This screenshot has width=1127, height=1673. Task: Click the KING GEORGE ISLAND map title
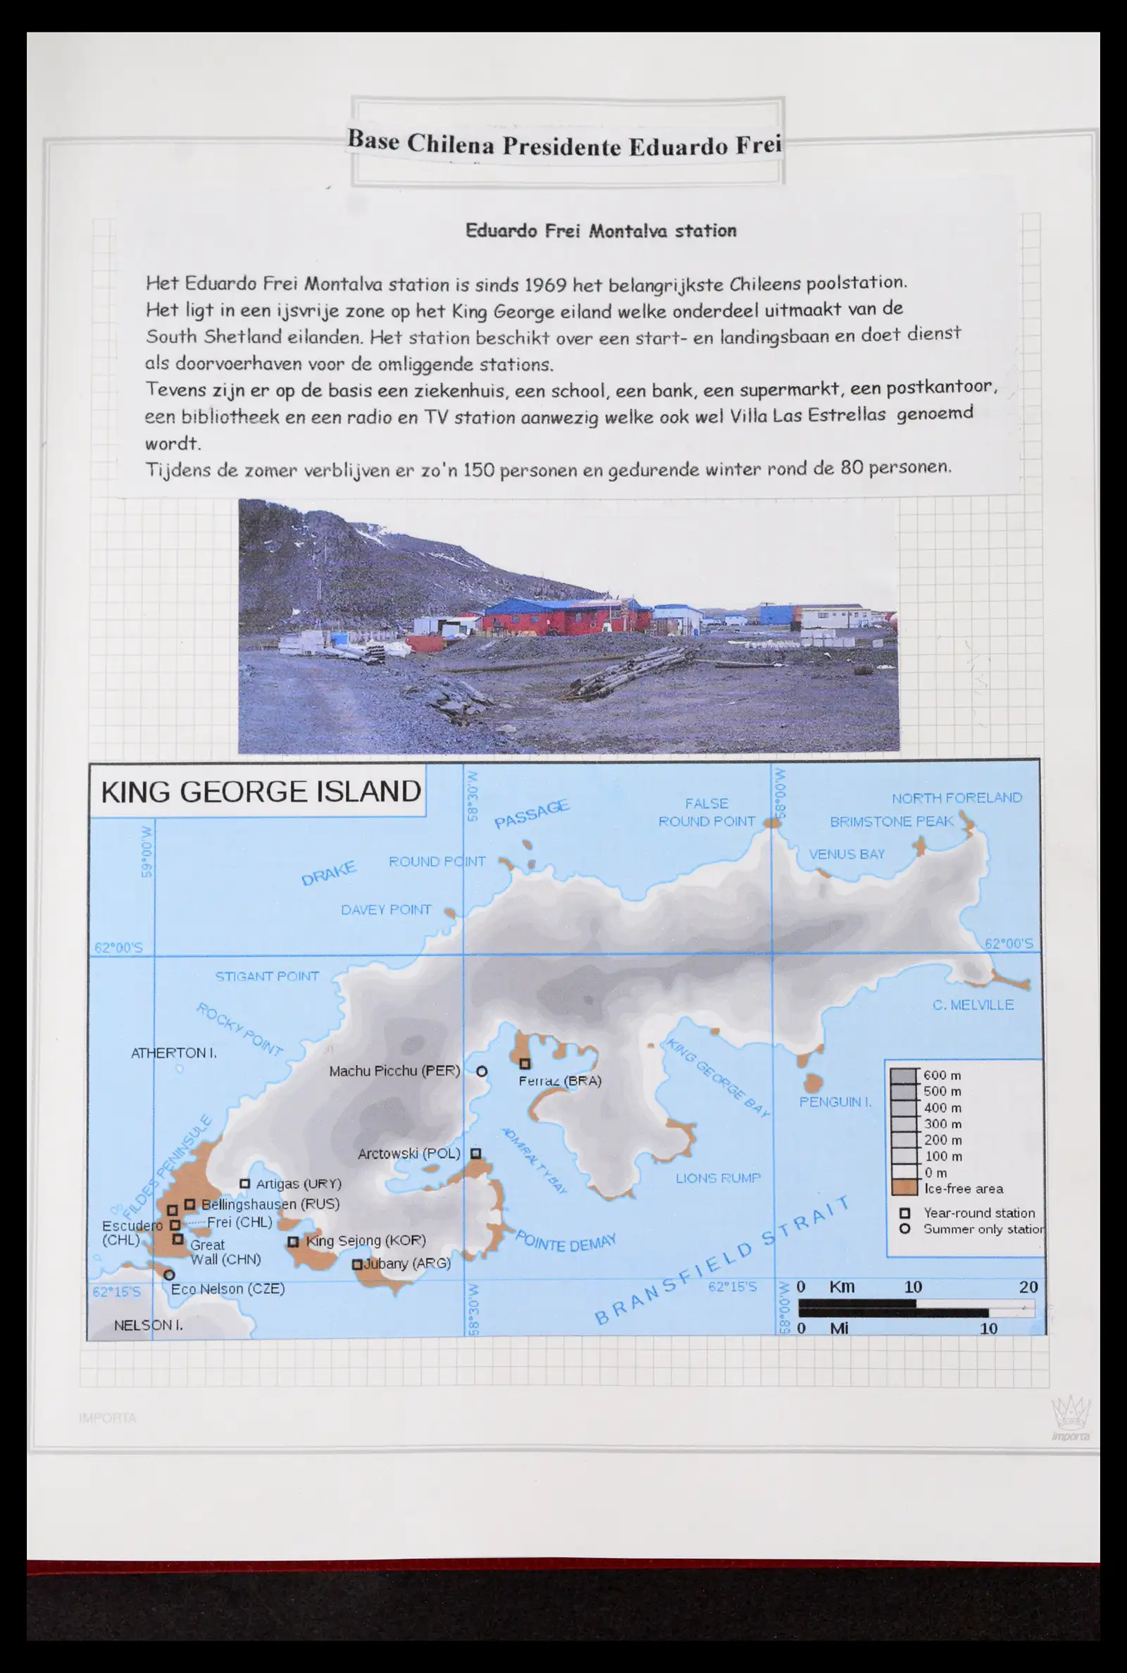coord(260,791)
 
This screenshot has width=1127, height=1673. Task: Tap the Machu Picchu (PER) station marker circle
coord(482,1071)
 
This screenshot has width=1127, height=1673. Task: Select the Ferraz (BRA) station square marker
coord(525,1064)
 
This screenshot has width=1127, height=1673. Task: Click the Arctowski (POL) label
coord(409,1153)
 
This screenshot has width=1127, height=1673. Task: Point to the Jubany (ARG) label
coord(407,1263)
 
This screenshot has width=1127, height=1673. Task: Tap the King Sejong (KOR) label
coord(366,1240)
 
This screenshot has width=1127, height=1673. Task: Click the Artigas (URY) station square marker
coord(244,1183)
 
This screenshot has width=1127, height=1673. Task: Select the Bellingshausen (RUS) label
coord(270,1204)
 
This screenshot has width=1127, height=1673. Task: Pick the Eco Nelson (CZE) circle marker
coord(169,1275)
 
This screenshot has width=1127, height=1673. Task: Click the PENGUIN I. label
coord(835,1102)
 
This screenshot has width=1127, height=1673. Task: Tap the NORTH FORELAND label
coord(956,797)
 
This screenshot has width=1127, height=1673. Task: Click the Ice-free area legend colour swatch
coord(904,1188)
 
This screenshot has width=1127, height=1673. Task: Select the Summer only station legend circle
coord(905,1229)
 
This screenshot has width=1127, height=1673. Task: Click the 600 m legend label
coord(942,1076)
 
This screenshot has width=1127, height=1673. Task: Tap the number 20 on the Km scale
coord(1028,1287)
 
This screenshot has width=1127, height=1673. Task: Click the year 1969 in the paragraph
coord(544,285)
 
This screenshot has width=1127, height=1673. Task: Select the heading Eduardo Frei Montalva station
coord(601,230)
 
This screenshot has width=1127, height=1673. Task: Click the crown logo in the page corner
coord(1070,1414)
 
